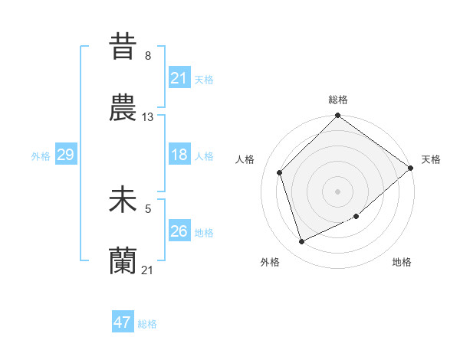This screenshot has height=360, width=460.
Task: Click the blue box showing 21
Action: (x=179, y=78)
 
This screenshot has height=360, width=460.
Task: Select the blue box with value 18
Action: (x=179, y=155)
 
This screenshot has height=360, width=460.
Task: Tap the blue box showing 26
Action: (x=179, y=231)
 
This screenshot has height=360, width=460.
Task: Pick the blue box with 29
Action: (x=65, y=155)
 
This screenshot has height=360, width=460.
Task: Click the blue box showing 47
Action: (x=123, y=322)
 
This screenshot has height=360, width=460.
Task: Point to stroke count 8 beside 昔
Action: (x=147, y=56)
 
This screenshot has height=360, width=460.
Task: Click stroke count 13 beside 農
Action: (x=148, y=117)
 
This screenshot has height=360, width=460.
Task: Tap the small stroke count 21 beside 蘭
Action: (x=148, y=270)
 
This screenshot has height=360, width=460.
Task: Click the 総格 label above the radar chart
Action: (x=338, y=100)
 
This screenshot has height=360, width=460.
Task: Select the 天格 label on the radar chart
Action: (x=431, y=159)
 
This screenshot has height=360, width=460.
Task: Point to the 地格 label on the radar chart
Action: (x=402, y=263)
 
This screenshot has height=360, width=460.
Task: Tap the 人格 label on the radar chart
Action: (x=245, y=159)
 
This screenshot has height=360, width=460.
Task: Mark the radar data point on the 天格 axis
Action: (x=410, y=169)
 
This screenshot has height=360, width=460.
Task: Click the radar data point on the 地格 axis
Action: (x=356, y=217)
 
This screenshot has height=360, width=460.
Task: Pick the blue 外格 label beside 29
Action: (x=41, y=155)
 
